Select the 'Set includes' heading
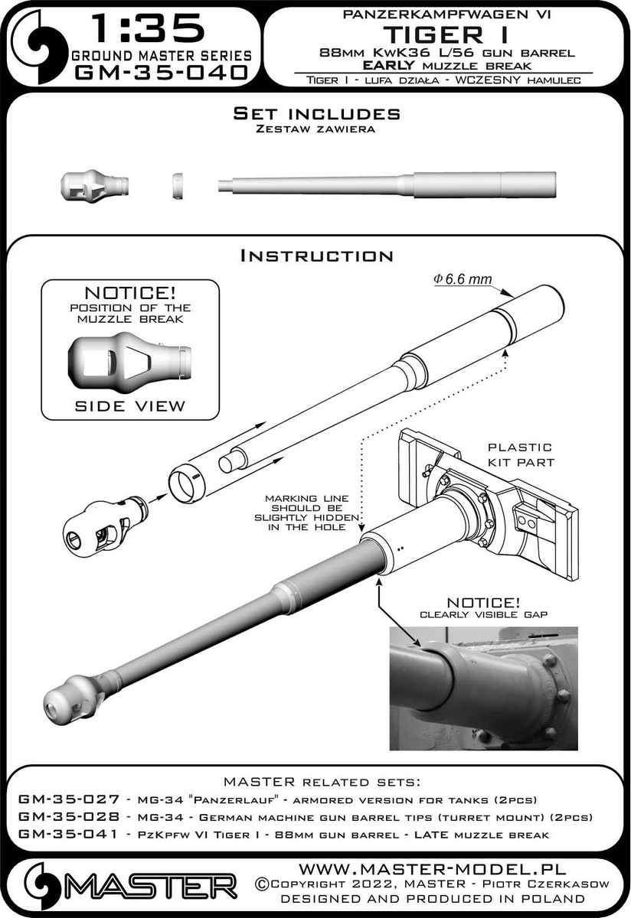(x=316, y=114)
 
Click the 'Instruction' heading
(x=316, y=256)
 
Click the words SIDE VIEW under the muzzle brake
(x=129, y=405)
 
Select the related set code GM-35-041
(x=58, y=835)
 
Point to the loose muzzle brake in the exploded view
(x=98, y=522)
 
